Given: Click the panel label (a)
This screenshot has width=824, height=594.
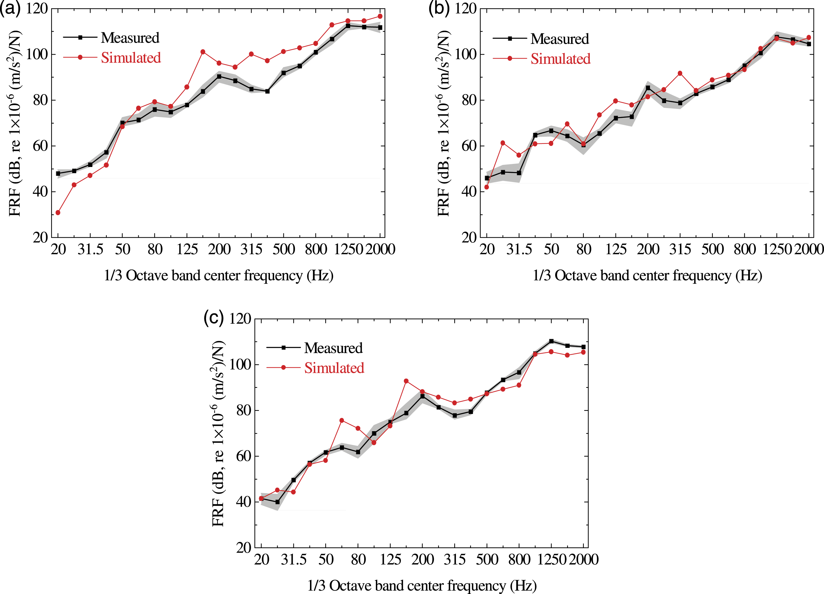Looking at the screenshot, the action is [x=11, y=8].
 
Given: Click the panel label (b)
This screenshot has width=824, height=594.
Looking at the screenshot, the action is [x=439, y=8].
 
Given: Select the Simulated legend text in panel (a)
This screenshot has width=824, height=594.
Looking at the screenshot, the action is [x=131, y=58].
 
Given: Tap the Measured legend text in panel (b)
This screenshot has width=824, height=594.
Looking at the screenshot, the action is [x=560, y=39].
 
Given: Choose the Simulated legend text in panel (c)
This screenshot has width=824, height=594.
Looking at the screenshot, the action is [x=334, y=368].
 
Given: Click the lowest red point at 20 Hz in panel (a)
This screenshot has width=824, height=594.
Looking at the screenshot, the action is [x=58, y=213].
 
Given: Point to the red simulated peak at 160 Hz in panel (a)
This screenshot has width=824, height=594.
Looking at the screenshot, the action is [x=203, y=52].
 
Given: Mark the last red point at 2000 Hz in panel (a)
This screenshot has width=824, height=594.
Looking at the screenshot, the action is [x=380, y=16].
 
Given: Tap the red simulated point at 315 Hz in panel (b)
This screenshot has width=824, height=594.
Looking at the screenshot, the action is [x=680, y=73].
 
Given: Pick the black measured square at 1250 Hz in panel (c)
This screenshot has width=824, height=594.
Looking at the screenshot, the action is [x=551, y=341].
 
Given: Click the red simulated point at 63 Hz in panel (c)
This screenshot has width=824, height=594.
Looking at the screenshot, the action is [x=341, y=420].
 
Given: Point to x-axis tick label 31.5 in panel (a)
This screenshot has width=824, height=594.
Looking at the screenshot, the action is [x=90, y=249].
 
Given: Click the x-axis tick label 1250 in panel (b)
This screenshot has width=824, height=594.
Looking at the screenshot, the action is [x=777, y=249].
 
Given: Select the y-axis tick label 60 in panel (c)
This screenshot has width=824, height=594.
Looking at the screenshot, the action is [x=244, y=456].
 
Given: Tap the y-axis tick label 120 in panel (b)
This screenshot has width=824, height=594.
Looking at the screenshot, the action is [x=465, y=9].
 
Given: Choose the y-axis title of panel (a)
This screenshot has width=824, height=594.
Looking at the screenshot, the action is [x=14, y=123].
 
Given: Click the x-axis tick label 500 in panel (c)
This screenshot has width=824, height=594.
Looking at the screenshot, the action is [x=487, y=560].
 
